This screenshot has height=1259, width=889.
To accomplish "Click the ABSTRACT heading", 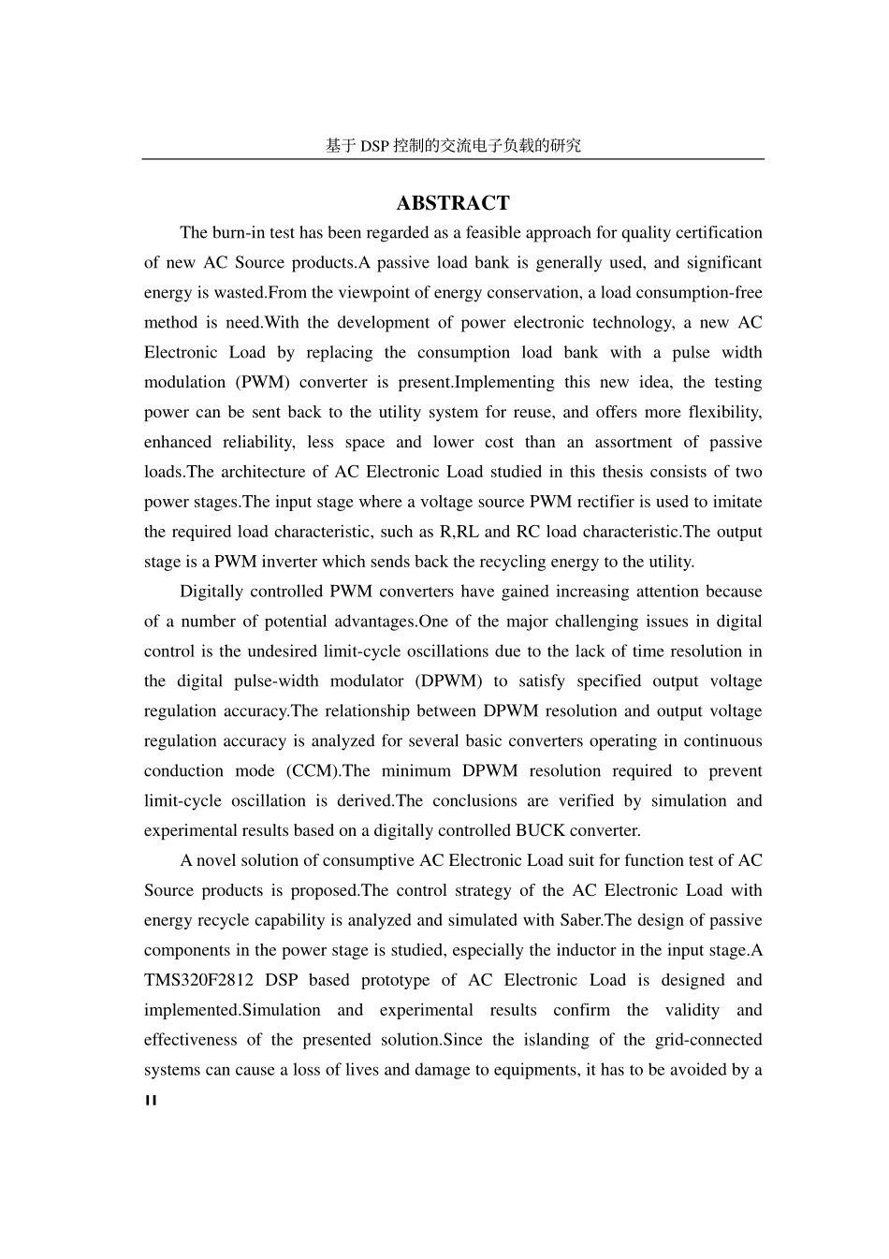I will point(453,203).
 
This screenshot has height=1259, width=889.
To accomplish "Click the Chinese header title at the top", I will point(453,145).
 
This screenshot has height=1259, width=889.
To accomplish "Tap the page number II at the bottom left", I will point(151,1101).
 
